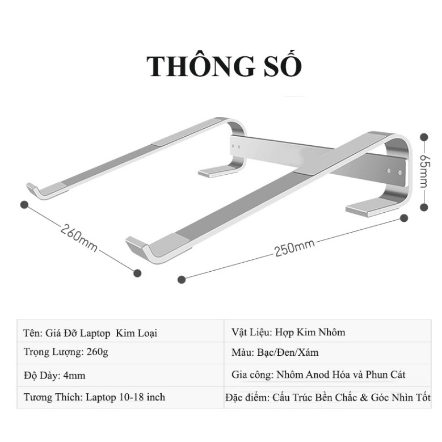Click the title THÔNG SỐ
[224, 66]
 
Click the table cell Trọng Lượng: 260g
[66, 352]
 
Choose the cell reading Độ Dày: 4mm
[55, 375]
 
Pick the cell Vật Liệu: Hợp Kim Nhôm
[288, 332]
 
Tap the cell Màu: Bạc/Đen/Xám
[275, 352]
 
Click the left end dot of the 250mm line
[182, 279]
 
